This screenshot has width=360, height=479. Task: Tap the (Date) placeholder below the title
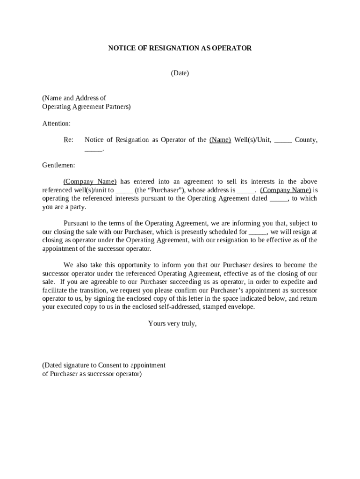[180, 73]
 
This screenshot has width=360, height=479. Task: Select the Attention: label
[57, 123]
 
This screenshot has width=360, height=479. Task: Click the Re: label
[68, 140]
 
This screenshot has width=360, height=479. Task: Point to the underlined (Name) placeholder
[220, 140]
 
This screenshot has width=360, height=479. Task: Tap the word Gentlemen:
[58, 165]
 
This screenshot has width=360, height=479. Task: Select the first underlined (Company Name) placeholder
[90, 181]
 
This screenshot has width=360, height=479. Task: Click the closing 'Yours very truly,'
[172, 323]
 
